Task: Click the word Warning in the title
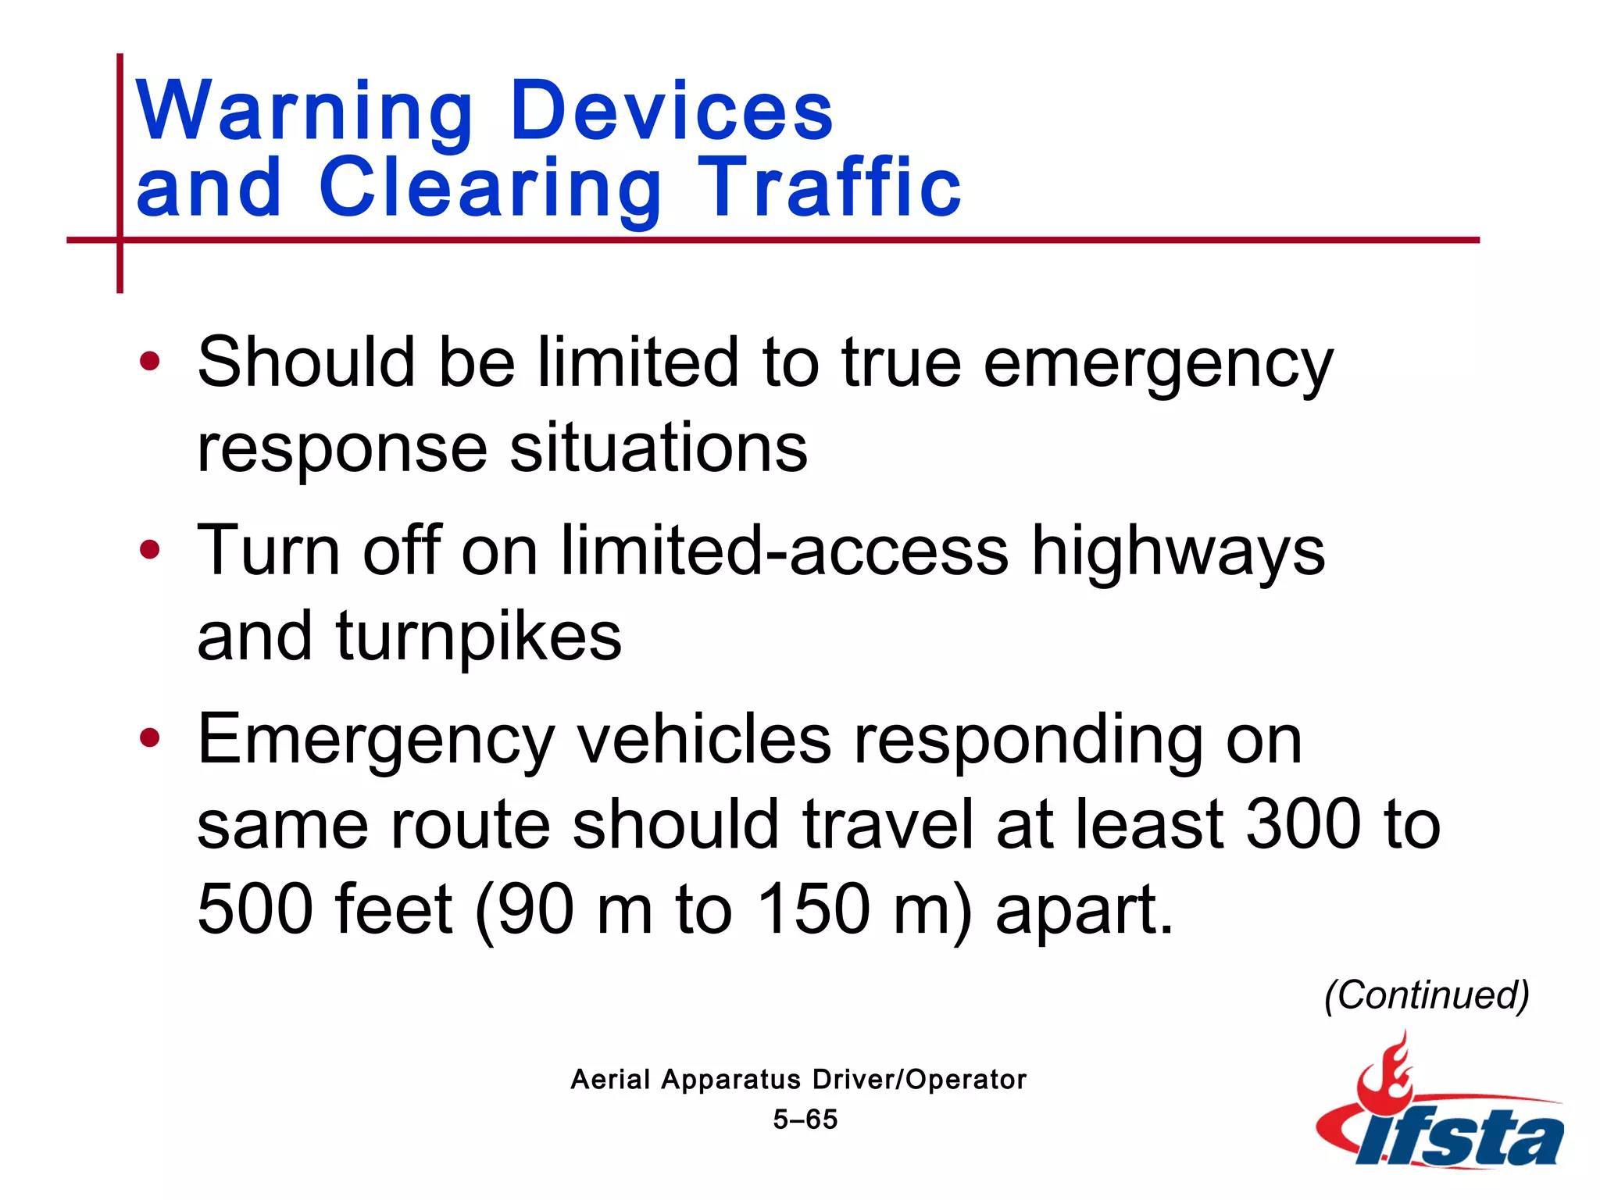305,111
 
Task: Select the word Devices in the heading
672,111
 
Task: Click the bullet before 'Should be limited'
149,362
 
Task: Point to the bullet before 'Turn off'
149,550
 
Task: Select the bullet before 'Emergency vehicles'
149,737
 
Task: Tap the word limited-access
784,551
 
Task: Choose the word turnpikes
479,637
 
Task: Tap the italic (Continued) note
1427,995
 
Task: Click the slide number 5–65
805,1120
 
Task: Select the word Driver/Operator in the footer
919,1080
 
